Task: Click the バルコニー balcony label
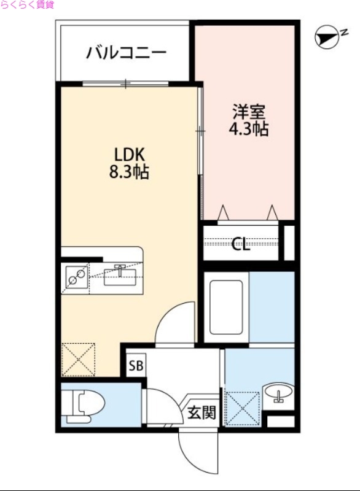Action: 126,52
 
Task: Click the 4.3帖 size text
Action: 248,130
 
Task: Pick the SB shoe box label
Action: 135,367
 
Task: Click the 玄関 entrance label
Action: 201,412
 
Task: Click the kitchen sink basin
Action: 120,274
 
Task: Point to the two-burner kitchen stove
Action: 76,278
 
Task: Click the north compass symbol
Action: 328,38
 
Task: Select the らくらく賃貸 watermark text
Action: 27,5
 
